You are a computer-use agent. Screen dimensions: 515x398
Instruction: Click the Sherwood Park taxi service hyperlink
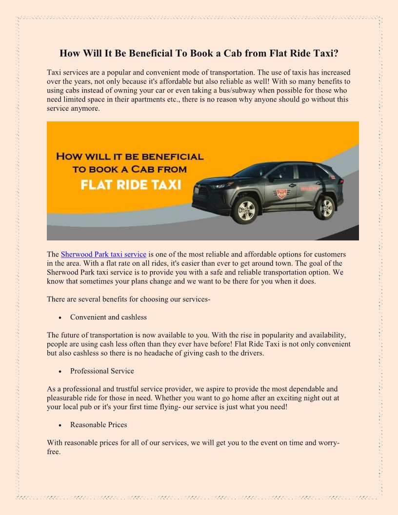coord(103,255)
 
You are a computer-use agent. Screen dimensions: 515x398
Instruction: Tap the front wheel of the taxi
coord(246,209)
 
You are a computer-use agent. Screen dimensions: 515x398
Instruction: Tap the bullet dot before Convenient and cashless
coord(59,317)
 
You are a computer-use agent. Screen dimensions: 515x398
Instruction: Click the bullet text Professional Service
coord(102,371)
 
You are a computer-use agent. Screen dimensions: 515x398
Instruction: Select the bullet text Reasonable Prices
coord(99,425)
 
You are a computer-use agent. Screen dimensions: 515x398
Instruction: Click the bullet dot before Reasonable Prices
coord(59,425)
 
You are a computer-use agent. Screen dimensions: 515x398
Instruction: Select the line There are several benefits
coord(128,299)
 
